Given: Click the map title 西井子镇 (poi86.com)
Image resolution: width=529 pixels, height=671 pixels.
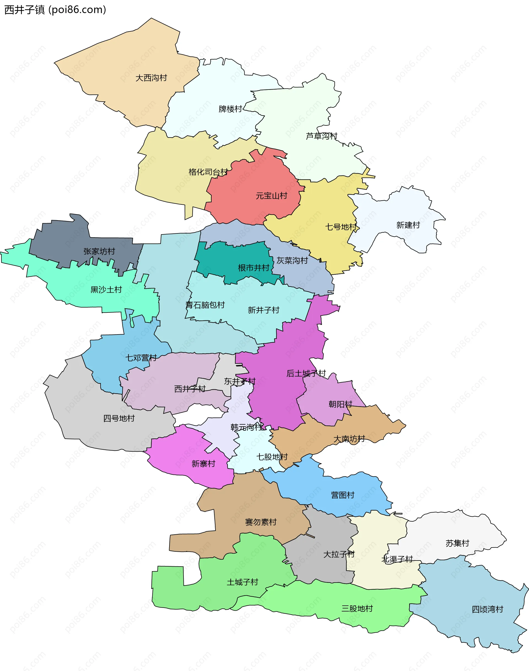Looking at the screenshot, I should (x=55, y=10).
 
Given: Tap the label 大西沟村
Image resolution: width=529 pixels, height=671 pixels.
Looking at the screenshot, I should (x=151, y=78).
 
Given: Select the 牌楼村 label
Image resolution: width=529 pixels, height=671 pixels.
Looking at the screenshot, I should (x=230, y=109).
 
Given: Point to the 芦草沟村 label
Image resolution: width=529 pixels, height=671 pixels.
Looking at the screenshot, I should (x=322, y=136).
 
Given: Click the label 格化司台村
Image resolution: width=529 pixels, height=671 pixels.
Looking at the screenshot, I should (x=208, y=172).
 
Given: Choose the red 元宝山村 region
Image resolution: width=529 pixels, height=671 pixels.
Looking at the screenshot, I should (x=254, y=186).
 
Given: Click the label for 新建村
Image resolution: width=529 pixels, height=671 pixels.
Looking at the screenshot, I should (x=408, y=225).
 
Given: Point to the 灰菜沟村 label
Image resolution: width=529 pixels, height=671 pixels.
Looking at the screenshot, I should (x=292, y=260).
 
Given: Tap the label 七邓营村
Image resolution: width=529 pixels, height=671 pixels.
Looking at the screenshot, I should (x=141, y=358).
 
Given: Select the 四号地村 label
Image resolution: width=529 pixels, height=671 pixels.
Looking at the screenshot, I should (x=119, y=419).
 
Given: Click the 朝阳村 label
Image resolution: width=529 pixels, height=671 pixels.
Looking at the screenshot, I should (x=340, y=404).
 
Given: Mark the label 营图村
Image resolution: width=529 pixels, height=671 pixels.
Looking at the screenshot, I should (x=342, y=495).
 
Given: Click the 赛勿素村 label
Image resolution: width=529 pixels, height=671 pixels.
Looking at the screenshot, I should (x=261, y=522).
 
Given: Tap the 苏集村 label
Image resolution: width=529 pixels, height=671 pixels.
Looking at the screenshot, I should (x=457, y=543).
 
